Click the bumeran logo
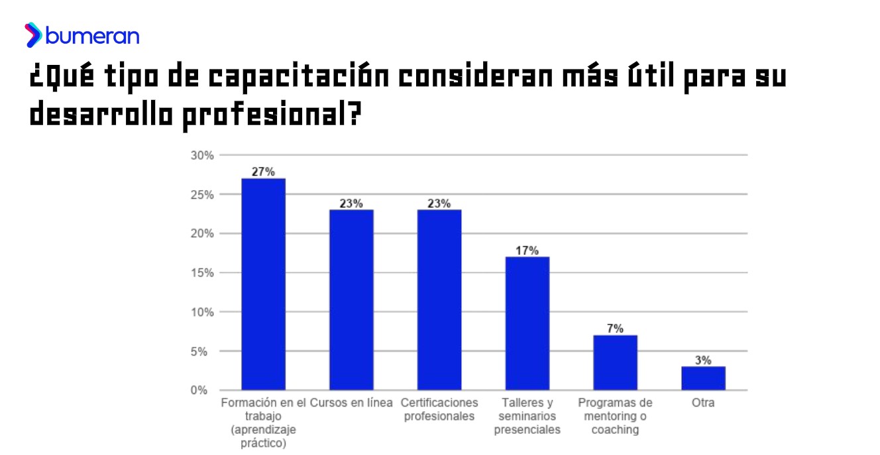tap(82, 36)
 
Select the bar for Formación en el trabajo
tap(263, 284)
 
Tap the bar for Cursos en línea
tap(351, 299)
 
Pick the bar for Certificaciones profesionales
tap(439, 299)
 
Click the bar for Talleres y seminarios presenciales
tap(527, 323)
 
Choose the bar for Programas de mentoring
tap(615, 362)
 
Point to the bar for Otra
tap(703, 378)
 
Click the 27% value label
tap(263, 172)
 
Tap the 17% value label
tap(527, 250)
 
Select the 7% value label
tap(615, 329)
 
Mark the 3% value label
tap(703, 360)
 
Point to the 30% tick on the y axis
tap(201, 156)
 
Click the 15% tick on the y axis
tap(201, 273)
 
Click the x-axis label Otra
tap(703, 403)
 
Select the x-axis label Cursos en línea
tap(351, 403)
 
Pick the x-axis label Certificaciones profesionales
tap(439, 409)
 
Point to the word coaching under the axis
tap(615, 429)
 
